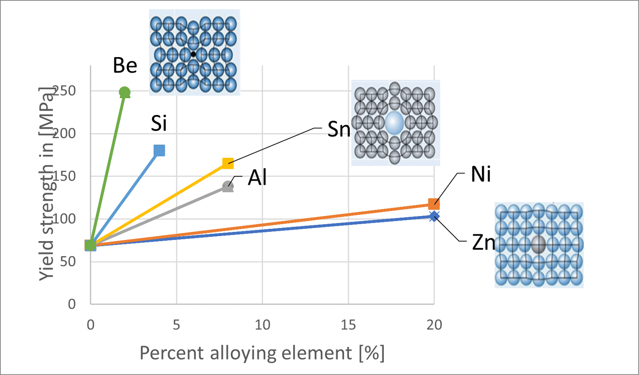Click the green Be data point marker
tap(124, 92)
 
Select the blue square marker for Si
tap(159, 150)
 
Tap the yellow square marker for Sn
tap(228, 163)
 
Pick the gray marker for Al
tap(228, 186)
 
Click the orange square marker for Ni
tap(434, 204)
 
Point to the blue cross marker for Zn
tap(434, 216)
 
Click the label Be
tap(125, 66)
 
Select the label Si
tap(159, 124)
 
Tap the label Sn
tap(339, 129)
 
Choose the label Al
tap(257, 178)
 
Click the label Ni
tap(481, 174)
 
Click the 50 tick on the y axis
tap(68, 261)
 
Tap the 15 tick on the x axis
tap(348, 325)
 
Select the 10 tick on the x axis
tap(262, 325)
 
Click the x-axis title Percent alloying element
tap(262, 353)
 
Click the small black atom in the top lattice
tap(193, 54)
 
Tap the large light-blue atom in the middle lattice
tap(394, 123)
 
